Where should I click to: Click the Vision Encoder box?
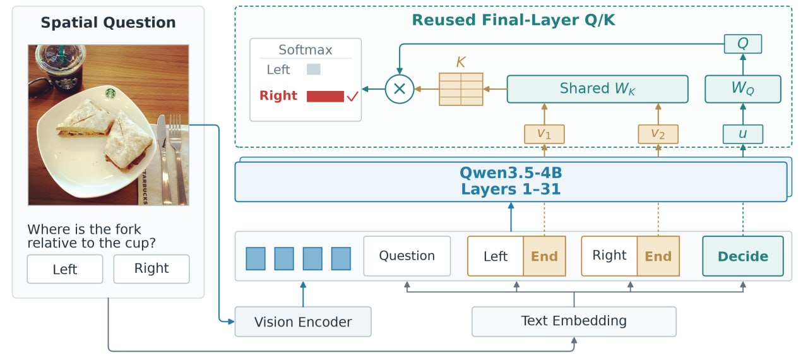pos(303,321)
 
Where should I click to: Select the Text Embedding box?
pos(574,321)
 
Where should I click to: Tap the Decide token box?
pos(743,256)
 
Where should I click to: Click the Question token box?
pos(407,256)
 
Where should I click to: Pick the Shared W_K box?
pos(597,89)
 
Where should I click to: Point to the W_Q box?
pos(743,89)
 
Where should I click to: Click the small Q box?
pos(743,44)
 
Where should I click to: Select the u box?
pos(743,134)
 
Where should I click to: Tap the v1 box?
pos(544,134)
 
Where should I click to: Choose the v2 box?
pos(658,134)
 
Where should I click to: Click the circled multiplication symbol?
pos(400,89)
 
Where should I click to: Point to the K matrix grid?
pos(461,89)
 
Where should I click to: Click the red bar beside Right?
pos(325,96)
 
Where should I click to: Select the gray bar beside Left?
pos(314,69)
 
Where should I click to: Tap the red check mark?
pos(352,96)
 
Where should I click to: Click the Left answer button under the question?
pos(65,269)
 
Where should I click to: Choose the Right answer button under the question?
pos(151,269)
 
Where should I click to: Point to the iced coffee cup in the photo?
pos(60,67)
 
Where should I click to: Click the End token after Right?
pos(658,256)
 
